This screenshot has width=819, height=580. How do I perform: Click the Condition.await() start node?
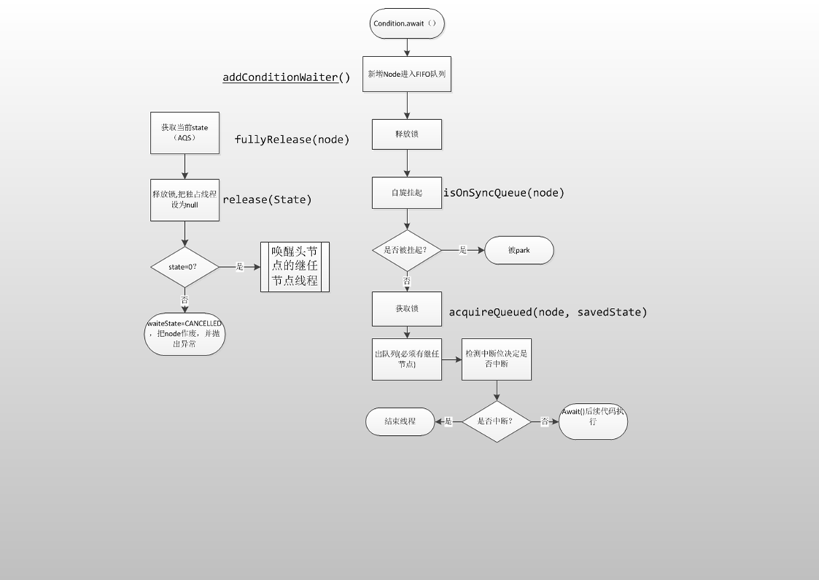(407, 23)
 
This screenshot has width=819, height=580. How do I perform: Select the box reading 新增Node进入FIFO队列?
(407, 74)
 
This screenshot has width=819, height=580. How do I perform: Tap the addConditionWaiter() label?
(287, 78)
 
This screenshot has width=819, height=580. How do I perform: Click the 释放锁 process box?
(407, 135)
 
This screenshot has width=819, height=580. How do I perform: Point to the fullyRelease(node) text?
(292, 140)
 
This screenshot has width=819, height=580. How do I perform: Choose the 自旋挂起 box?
(407, 193)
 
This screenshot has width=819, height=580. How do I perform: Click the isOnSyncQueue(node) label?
(504, 193)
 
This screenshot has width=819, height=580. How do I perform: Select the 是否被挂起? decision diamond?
(407, 250)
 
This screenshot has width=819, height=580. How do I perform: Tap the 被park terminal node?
(518, 250)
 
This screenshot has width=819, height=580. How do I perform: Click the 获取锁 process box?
(407, 309)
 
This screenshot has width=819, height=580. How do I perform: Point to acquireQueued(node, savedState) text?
(548, 312)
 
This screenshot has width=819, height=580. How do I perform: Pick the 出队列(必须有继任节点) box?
(407, 359)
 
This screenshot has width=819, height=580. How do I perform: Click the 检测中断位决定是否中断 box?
(497, 359)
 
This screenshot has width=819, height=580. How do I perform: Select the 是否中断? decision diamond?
(497, 421)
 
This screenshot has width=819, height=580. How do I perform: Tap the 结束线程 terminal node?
(400, 421)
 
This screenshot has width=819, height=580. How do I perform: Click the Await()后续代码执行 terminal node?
(593, 421)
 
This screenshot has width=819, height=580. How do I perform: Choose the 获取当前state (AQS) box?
(184, 132)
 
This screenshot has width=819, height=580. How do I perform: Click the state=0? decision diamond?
(184, 267)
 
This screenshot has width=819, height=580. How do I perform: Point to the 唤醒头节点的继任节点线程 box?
(295, 267)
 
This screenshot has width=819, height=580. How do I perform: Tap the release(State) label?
(267, 200)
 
